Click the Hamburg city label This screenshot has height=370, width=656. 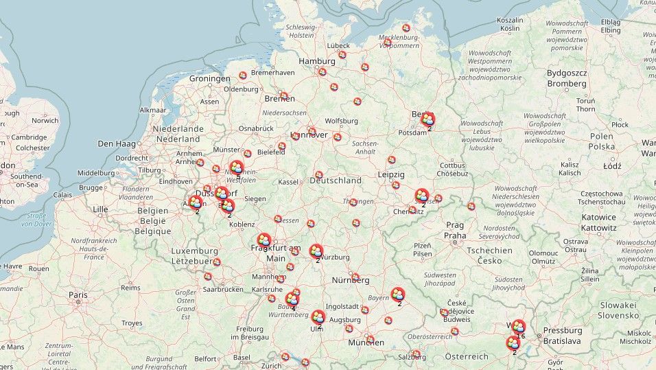coord(316,61)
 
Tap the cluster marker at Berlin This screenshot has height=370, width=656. coord(427,119)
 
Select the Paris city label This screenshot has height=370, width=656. coord(78,294)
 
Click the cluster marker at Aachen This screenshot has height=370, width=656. coord(196,203)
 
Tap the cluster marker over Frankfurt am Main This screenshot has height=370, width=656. coord(264,240)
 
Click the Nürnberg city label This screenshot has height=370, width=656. coord(350,280)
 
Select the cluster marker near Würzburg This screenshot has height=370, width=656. coord(316,251)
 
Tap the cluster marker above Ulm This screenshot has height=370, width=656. coord(318,317)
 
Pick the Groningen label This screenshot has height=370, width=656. coord(209,78)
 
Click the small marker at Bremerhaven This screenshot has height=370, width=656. coord(243,75)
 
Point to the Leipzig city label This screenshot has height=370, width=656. coord(390,174)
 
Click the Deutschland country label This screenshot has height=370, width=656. coord(335,181)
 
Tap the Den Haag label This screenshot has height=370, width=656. coord(115,143)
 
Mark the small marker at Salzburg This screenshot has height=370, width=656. coord(416,354)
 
